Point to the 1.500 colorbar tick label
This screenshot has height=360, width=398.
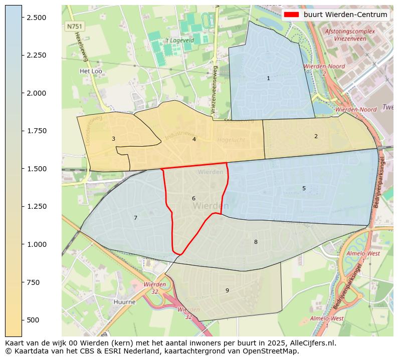pyautogui.click(x=36, y=169)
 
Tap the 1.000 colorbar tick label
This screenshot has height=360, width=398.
pyautogui.click(x=36, y=244)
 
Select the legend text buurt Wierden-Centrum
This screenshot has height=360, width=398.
pyautogui.click(x=345, y=15)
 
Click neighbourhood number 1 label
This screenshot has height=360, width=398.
pyautogui.click(x=268, y=78)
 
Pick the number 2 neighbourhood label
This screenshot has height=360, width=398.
pyautogui.click(x=316, y=136)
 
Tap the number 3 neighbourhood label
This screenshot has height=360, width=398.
pyautogui.click(x=113, y=139)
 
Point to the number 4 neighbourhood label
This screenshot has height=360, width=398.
pyautogui.click(x=194, y=139)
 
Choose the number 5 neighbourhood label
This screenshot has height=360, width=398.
pyautogui.click(x=304, y=188)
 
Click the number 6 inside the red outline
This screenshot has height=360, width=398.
pyautogui.click(x=193, y=198)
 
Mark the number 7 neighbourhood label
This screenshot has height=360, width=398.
pyautogui.click(x=135, y=218)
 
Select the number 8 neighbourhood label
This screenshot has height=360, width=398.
pyautogui.click(x=256, y=242)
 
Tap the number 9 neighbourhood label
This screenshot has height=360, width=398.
pyautogui.click(x=227, y=290)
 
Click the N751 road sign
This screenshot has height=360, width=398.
pyautogui.click(x=75, y=26)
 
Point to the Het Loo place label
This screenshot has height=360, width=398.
pyautogui.click(x=91, y=71)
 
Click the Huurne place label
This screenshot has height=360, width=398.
pyautogui.click(x=125, y=302)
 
